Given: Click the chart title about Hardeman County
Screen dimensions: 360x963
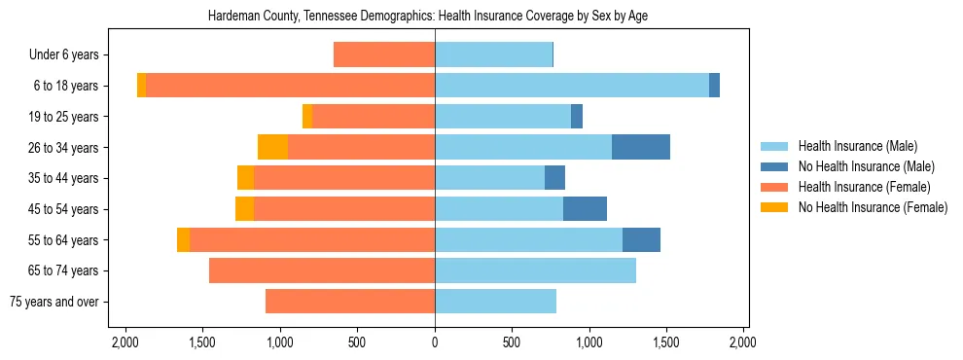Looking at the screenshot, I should point(428,17).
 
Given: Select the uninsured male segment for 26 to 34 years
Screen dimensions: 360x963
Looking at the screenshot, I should point(640,147).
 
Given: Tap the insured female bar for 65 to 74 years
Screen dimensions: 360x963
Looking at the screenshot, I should point(321,270).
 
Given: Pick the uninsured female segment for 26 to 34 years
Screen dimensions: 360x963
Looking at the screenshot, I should point(272,147).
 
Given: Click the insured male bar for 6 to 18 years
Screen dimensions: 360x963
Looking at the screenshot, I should point(571,86).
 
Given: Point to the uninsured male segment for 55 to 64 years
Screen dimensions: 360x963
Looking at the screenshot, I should point(641,239).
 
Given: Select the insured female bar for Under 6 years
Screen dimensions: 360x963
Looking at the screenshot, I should point(383,54).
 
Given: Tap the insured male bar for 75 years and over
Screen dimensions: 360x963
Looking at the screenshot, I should point(495,302).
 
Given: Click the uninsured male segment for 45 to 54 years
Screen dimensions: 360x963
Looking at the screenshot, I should point(585,208).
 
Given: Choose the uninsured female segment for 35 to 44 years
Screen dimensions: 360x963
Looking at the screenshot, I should point(245,178).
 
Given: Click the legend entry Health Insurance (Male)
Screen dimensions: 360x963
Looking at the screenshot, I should point(857,146).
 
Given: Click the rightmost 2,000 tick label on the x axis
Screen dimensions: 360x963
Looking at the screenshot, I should point(743,342).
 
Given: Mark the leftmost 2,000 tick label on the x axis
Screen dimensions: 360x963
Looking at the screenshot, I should point(125,342).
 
